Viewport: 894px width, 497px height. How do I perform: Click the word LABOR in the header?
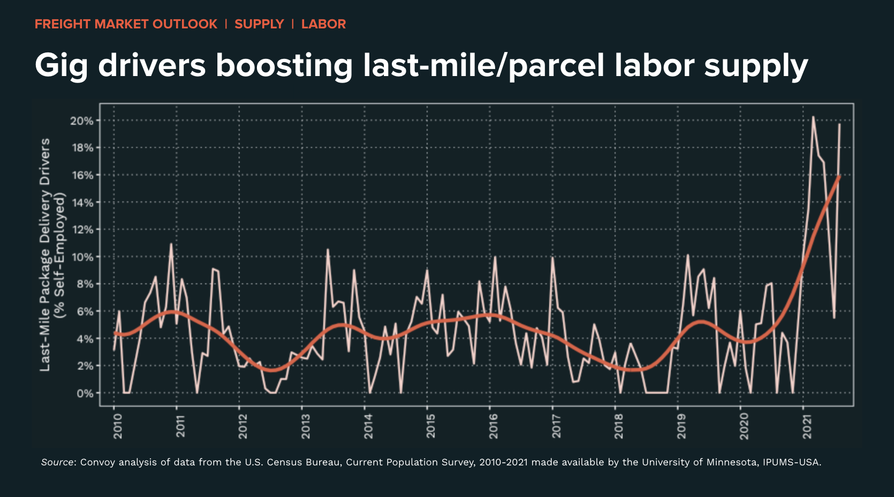coord(323,24)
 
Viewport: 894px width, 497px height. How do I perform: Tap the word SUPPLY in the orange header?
coord(259,24)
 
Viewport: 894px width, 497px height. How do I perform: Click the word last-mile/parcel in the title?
coord(484,66)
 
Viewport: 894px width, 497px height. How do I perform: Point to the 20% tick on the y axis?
coord(81,121)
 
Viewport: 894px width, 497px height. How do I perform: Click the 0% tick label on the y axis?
coord(85,394)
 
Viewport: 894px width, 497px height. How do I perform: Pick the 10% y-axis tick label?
coord(81,257)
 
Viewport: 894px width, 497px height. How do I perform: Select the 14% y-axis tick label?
coord(81,202)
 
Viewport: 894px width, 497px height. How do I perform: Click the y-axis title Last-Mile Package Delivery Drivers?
coord(45,254)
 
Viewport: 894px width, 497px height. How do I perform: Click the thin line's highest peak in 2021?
coord(813,117)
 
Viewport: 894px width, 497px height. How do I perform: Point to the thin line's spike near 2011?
coord(171,244)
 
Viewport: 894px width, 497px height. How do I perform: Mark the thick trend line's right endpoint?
coord(839,176)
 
